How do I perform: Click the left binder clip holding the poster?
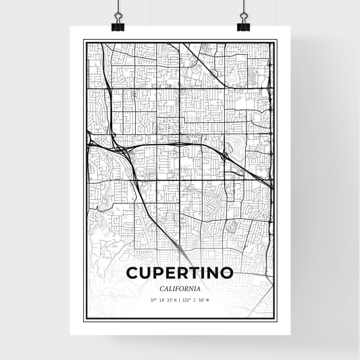[x=118, y=24]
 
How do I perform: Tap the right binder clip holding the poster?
[x=242, y=24]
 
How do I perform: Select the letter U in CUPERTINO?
[x=147, y=274]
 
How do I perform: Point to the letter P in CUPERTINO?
[x=161, y=274]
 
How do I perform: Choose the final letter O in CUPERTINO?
[x=228, y=274]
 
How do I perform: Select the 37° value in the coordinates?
[x=154, y=301]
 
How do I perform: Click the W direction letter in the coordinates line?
[x=209, y=301]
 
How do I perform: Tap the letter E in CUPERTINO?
[x=174, y=274]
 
